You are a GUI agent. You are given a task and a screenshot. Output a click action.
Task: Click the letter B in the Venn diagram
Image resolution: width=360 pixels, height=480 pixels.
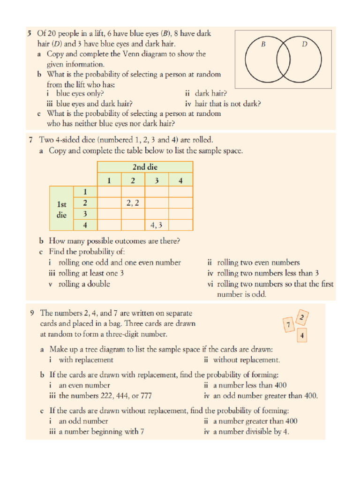[263, 45]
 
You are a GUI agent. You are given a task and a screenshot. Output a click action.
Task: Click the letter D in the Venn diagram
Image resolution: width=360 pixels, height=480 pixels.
[304, 45]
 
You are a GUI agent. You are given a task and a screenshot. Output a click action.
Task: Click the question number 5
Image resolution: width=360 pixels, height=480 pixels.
[30, 33]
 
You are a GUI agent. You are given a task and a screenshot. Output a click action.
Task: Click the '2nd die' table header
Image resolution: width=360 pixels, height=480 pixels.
[145, 167]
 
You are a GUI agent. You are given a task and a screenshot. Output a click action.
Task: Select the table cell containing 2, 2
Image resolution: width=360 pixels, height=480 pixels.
[133, 203]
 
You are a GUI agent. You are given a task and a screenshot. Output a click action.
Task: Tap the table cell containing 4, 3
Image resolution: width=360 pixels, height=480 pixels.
[157, 225]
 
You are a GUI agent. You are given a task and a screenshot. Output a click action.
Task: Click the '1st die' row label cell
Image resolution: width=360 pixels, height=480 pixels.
[61, 209]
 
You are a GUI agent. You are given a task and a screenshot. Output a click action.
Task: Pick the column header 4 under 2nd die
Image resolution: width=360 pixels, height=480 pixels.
[180, 180]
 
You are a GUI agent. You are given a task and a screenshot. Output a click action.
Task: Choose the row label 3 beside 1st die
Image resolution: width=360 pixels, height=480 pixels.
[85, 214]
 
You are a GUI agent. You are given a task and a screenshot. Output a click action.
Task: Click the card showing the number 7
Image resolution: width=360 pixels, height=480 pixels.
[289, 324]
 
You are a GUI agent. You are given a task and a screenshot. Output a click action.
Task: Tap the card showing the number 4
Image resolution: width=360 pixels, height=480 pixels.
[302, 336]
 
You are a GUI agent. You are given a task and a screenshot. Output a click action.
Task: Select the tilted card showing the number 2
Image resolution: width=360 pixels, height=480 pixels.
[302, 318]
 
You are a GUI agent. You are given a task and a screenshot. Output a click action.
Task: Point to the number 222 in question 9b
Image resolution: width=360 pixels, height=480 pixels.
[110, 396]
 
